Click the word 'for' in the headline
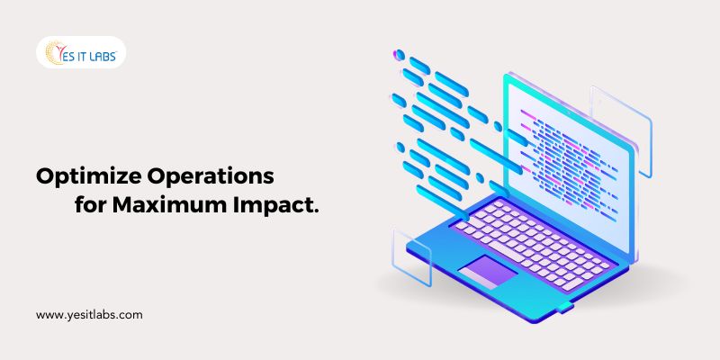tap(91, 204)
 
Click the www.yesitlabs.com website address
tap(89, 315)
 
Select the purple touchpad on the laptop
tap(488, 273)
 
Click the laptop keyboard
tap(533, 242)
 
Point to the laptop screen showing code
tap(570, 166)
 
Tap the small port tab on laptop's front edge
tap(565, 307)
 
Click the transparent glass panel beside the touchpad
tap(411, 258)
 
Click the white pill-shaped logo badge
tap(81, 52)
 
